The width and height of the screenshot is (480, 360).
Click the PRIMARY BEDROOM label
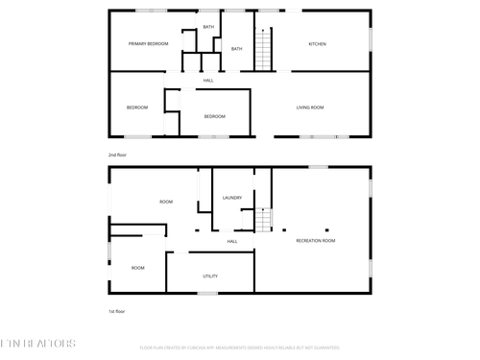pyautogui.click(x=149, y=44)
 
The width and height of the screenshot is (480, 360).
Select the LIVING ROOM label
pyautogui.click(x=309, y=108)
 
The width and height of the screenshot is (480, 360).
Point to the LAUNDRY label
pyautogui.click(x=231, y=198)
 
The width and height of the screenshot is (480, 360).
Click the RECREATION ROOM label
pyautogui.click(x=316, y=240)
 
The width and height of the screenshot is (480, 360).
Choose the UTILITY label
pyautogui.click(x=209, y=276)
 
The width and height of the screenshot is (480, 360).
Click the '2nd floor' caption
pyautogui.click(x=117, y=154)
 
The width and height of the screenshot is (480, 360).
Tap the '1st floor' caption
pyautogui.click(x=116, y=311)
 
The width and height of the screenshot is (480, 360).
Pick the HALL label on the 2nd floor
pyautogui.click(x=208, y=81)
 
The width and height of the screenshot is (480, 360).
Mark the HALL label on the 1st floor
pyautogui.click(x=232, y=242)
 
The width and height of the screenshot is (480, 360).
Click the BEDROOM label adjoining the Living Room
pyautogui.click(x=214, y=117)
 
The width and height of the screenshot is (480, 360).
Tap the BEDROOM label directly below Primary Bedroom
pyautogui.click(x=137, y=108)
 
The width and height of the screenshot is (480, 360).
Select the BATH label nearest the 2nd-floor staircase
pyautogui.click(x=236, y=49)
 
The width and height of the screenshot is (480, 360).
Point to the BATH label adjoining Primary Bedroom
pyautogui.click(x=208, y=27)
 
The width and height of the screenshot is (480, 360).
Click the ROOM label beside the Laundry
pyautogui.click(x=166, y=202)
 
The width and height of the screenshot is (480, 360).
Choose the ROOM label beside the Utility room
pyautogui.click(x=138, y=268)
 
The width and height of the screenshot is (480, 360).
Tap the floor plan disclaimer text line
pyautogui.click(x=240, y=348)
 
